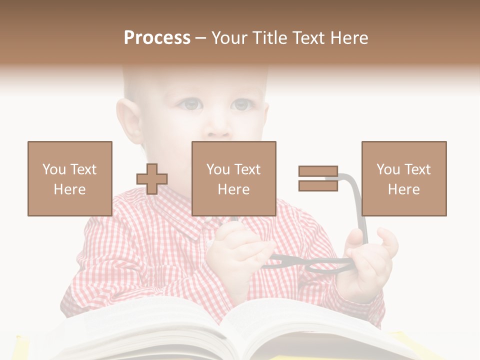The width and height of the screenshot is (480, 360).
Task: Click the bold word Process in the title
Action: (157, 37)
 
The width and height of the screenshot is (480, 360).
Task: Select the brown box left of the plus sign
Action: (70, 178)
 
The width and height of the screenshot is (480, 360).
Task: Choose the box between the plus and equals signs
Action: (234, 178)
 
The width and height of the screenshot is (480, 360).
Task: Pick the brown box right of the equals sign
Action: (404, 178)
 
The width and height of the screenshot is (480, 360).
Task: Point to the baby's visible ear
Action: (128, 122)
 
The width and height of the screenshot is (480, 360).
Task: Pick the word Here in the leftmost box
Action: (70, 189)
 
